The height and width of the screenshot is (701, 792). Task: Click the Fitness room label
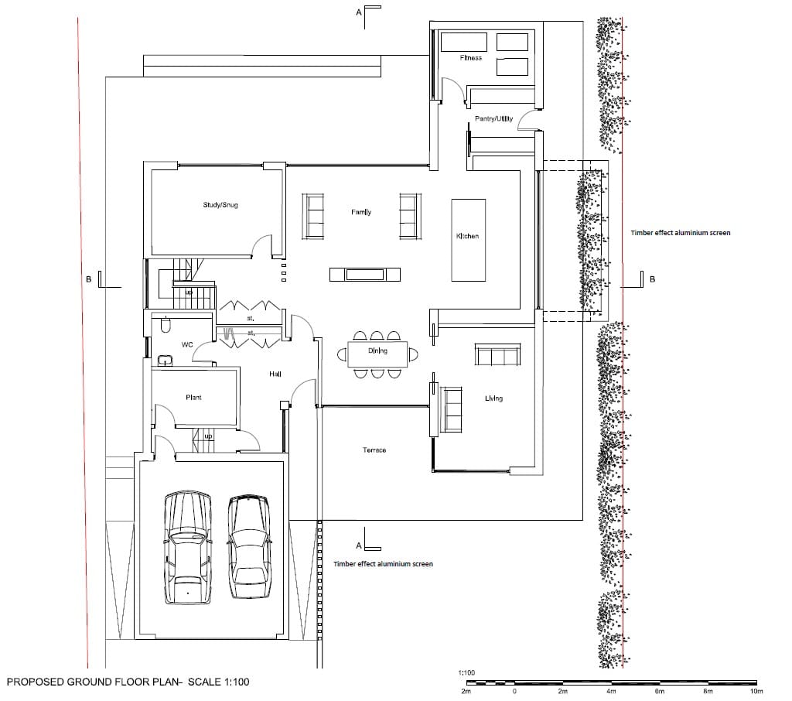(x=471, y=58)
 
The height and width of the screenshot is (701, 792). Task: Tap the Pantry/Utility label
(x=493, y=119)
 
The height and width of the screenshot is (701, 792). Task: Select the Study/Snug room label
(x=220, y=205)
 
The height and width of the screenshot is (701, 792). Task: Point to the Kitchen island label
(x=467, y=236)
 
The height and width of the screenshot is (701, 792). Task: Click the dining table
(x=377, y=354)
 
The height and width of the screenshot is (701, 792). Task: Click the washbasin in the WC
(x=166, y=360)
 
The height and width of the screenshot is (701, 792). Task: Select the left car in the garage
(x=187, y=547)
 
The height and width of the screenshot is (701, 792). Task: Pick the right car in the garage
(x=248, y=547)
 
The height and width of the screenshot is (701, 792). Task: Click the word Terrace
(x=374, y=450)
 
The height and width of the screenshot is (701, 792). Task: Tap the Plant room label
(x=193, y=397)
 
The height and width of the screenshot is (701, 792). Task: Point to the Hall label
(x=275, y=374)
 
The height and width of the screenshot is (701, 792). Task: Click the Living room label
(x=493, y=398)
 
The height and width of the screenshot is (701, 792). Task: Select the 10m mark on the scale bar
(x=756, y=692)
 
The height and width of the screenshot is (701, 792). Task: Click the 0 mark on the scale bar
(x=514, y=692)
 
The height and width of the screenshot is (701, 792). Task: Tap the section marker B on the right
(x=652, y=279)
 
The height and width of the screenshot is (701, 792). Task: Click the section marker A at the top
(x=359, y=12)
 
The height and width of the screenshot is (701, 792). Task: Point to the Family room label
(x=361, y=212)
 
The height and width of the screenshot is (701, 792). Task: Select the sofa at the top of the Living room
(x=497, y=354)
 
